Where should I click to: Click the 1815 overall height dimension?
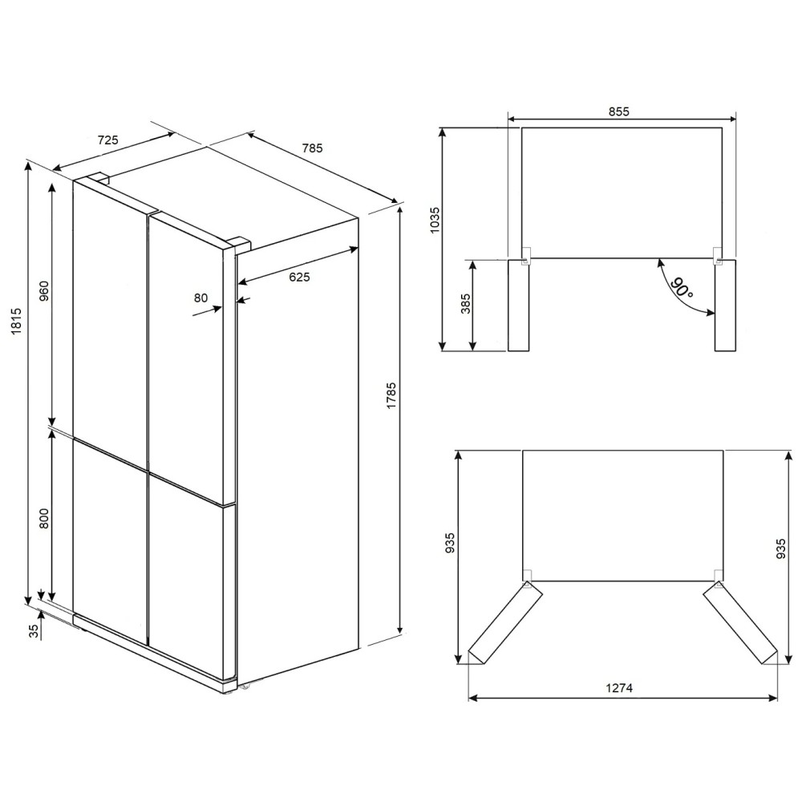(x=16, y=321)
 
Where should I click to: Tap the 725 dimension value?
(x=108, y=140)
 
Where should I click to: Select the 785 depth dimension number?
(x=313, y=148)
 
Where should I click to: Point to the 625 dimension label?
(x=300, y=277)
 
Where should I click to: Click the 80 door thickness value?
(x=201, y=298)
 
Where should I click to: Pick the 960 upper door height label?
(x=44, y=290)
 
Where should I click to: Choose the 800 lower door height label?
(x=44, y=518)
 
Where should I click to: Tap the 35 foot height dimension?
(x=34, y=631)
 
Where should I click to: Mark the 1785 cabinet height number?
(x=391, y=395)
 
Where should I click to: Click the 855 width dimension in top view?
(x=619, y=111)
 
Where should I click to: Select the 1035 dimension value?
(x=434, y=220)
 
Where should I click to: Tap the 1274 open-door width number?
(x=619, y=688)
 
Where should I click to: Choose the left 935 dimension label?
(x=450, y=543)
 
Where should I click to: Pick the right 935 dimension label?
(x=780, y=549)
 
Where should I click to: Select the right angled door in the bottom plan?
(x=740, y=624)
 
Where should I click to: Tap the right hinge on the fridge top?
(x=238, y=242)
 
